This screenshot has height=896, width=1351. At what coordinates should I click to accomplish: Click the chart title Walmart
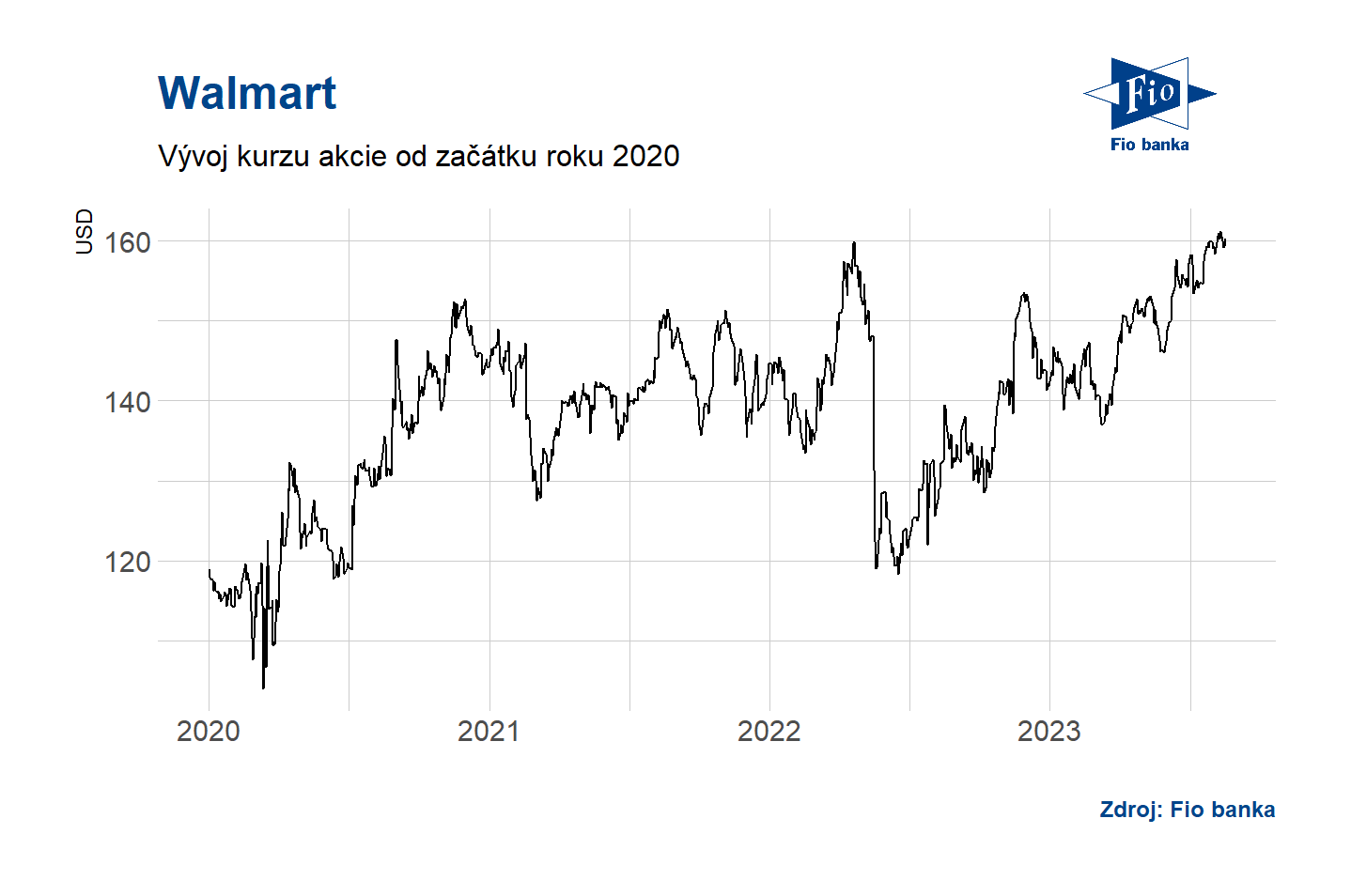[247, 93]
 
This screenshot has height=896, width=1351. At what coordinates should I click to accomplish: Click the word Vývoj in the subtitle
[194, 156]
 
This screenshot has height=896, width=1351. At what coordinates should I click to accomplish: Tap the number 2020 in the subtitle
[645, 156]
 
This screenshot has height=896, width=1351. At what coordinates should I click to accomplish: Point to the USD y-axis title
[85, 231]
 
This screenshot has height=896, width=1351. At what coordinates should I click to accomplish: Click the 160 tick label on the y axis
[127, 242]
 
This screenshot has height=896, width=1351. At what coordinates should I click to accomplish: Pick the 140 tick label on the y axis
[127, 403]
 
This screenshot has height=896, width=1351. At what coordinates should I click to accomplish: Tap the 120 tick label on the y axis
[127, 563]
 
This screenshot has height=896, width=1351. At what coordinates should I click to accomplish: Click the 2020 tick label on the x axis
[208, 731]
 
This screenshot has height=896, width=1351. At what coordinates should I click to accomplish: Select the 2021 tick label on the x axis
[489, 731]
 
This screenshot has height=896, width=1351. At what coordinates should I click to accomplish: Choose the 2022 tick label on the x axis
[769, 731]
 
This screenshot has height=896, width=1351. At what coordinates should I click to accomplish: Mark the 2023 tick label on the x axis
[1048, 731]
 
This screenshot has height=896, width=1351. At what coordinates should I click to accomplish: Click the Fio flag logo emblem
[1149, 93]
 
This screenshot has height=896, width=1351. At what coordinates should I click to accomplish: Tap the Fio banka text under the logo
[1149, 145]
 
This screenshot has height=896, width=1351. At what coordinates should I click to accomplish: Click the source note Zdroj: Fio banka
[1187, 810]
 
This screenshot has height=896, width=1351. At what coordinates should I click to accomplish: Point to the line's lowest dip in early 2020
[263, 687]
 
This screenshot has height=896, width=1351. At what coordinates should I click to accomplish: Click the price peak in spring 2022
[854, 242]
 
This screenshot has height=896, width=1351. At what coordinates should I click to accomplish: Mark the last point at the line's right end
[1225, 242]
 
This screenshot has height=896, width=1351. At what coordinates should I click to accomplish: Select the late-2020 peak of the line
[465, 301]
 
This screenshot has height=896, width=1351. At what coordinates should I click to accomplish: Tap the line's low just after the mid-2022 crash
[898, 573]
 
